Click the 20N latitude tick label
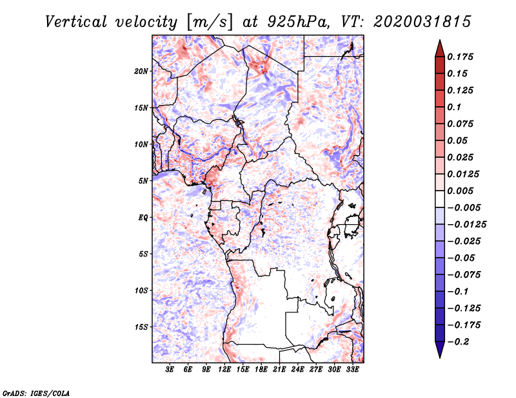(141, 71)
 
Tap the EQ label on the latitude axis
(143, 218)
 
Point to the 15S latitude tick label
(141, 327)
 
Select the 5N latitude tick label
(143, 181)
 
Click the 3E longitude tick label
(170, 370)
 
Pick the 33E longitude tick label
(352, 370)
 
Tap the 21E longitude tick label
(279, 370)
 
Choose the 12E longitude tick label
(224, 370)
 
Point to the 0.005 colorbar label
(461, 191)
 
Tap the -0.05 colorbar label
(461, 258)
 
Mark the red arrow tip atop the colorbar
(439, 44)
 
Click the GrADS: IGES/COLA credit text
(28, 392)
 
